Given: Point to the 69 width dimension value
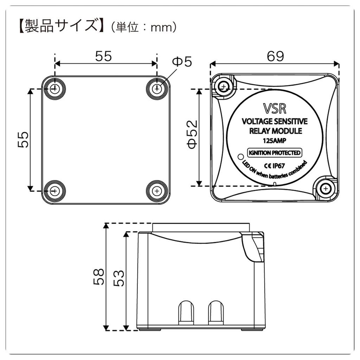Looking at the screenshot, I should coord(275,56).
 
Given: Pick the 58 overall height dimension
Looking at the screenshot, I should coord(99,276).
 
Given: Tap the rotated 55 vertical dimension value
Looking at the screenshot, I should coord(23,140).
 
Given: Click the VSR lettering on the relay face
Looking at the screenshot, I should coord(274,108).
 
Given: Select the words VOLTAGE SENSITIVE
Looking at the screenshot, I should coord(275,122).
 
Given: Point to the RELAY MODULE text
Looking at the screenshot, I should coord(274,131).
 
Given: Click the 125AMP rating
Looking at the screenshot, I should coord(274,141).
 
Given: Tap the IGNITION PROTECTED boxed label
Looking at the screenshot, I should coord(274,153).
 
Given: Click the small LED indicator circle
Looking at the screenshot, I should coord(241,156).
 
